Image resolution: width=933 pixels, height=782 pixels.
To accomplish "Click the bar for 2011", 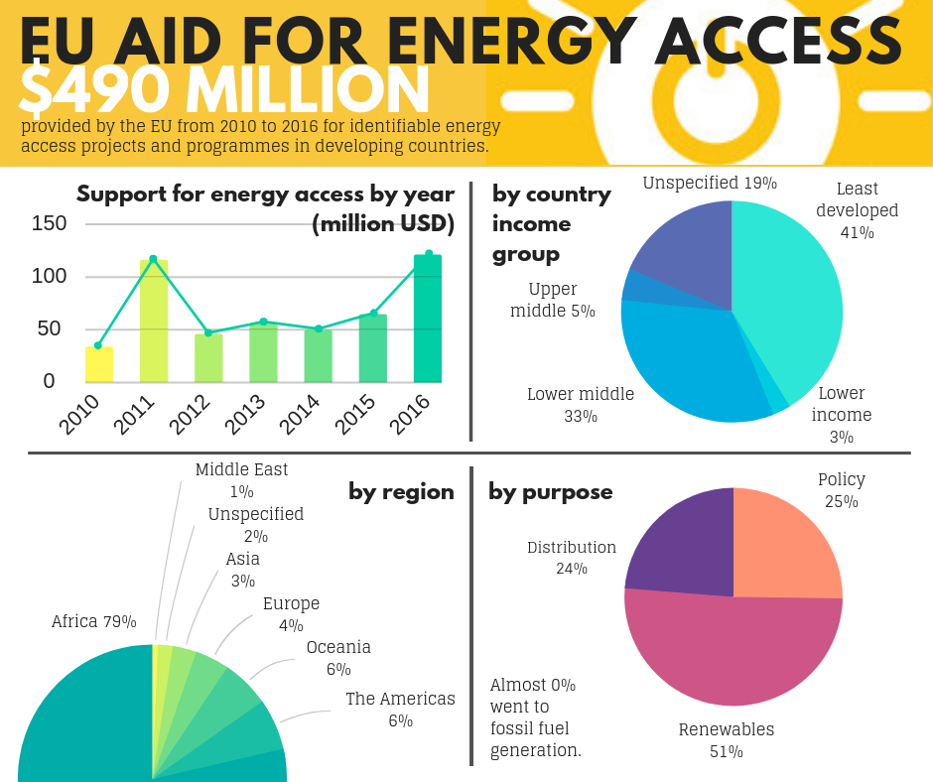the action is tap(154, 321).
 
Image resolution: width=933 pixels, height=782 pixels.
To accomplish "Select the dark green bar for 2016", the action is tap(428, 319).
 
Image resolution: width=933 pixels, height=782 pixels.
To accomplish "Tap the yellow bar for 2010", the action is tap(99, 364).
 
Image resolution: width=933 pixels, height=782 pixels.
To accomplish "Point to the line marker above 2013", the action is tap(264, 322).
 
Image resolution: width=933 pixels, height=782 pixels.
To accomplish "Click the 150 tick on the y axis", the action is tap(49, 223).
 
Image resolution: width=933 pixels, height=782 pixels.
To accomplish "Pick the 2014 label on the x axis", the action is tap(300, 414).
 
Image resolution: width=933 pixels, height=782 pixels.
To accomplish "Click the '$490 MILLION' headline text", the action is tap(223, 90).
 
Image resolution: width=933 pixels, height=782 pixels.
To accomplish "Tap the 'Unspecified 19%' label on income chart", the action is tap(710, 183).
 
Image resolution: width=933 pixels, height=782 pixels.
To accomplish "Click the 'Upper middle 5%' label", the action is tap(553, 300).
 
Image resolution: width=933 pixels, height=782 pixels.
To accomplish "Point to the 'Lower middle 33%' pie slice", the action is tap(690, 363).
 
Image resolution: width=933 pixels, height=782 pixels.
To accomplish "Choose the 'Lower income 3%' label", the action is tap(842, 415).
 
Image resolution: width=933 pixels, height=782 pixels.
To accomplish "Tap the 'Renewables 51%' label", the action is tap(727, 740).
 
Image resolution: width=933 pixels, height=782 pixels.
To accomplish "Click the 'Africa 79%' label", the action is tap(94, 621).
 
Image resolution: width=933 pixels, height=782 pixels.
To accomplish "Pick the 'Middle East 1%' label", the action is tap(241, 480).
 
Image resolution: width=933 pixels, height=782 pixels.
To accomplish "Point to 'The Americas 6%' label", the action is tap(400, 710).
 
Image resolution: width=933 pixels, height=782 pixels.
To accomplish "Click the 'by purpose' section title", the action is tap(551, 492).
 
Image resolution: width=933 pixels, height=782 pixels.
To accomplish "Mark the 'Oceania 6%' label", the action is tap(338, 658).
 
